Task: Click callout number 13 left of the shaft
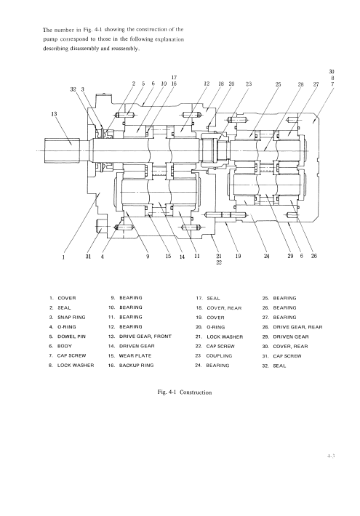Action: click(54, 114)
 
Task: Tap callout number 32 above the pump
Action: click(73, 89)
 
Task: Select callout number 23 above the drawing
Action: click(249, 84)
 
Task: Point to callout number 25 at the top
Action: click(279, 84)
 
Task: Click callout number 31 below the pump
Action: click(88, 256)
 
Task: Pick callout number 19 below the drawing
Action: click(238, 256)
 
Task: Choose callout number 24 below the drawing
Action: click(267, 256)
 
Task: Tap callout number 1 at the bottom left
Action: click(63, 257)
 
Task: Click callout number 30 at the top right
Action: click(332, 71)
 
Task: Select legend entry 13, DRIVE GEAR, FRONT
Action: click(140, 336)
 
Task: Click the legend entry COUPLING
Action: click(214, 355)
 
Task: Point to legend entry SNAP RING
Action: click(67, 318)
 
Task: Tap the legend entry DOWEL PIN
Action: click(67, 336)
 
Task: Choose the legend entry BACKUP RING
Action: click(131, 366)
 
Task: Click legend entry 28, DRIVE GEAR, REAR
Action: click(292, 327)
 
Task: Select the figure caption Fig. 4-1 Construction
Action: click(185, 392)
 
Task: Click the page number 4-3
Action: click(331, 456)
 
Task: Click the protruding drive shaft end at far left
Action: click(62, 150)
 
